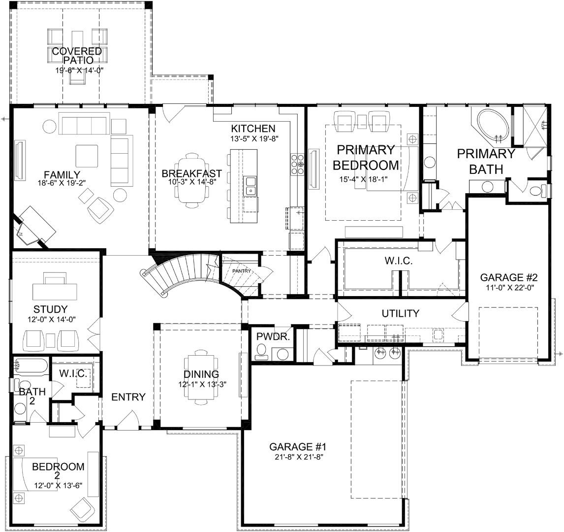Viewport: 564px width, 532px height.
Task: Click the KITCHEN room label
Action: tap(253, 129)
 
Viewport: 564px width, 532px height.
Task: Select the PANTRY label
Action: tap(241, 270)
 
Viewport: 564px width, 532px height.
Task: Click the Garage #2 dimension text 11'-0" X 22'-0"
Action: tap(508, 287)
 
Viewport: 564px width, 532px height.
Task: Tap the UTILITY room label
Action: tap(400, 313)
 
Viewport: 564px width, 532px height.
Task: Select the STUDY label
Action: tap(50, 309)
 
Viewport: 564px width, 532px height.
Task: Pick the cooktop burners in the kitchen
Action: tap(297, 165)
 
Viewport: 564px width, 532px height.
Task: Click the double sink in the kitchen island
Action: tap(250, 186)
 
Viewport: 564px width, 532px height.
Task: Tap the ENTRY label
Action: tap(128, 397)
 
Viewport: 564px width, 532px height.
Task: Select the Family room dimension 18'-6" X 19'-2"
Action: tap(62, 183)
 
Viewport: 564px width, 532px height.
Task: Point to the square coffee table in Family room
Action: tap(87, 156)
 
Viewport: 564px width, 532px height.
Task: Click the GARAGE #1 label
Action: tap(297, 447)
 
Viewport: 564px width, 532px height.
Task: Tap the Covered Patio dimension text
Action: tap(79, 70)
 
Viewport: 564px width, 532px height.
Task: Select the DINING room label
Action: tap(201, 374)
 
